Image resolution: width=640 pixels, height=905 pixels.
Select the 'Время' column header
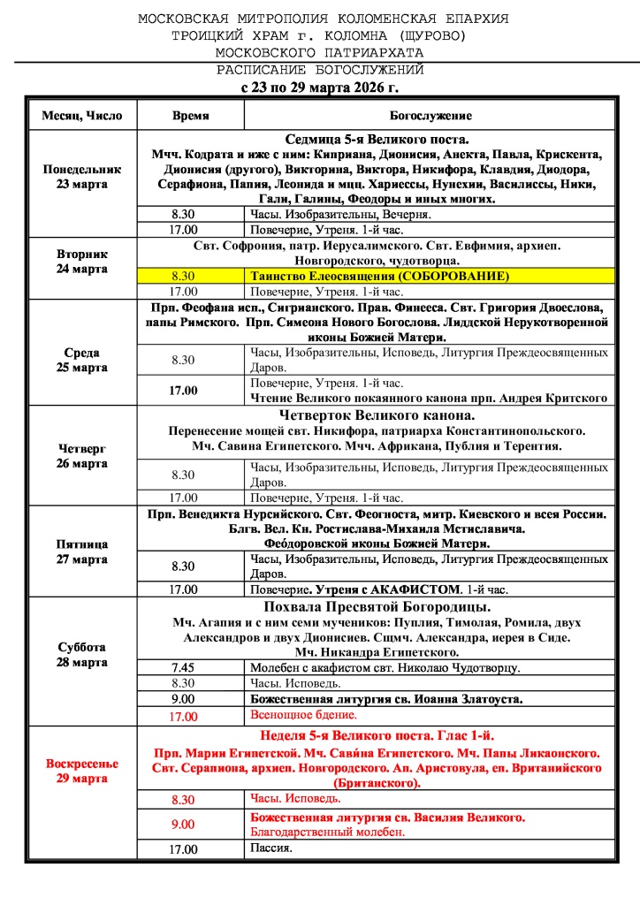pos(190,116)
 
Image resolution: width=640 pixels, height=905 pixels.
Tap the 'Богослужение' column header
pos(430,116)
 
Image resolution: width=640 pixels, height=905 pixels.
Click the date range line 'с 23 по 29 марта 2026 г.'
pos(320,87)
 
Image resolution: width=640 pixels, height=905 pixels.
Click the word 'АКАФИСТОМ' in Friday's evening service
pos(418,589)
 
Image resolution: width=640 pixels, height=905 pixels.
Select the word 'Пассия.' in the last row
pos(271,849)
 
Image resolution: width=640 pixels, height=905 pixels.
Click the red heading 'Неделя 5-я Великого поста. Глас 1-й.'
pos(377,735)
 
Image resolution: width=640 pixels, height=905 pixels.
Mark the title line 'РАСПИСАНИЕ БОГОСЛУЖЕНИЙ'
pos(320,69)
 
